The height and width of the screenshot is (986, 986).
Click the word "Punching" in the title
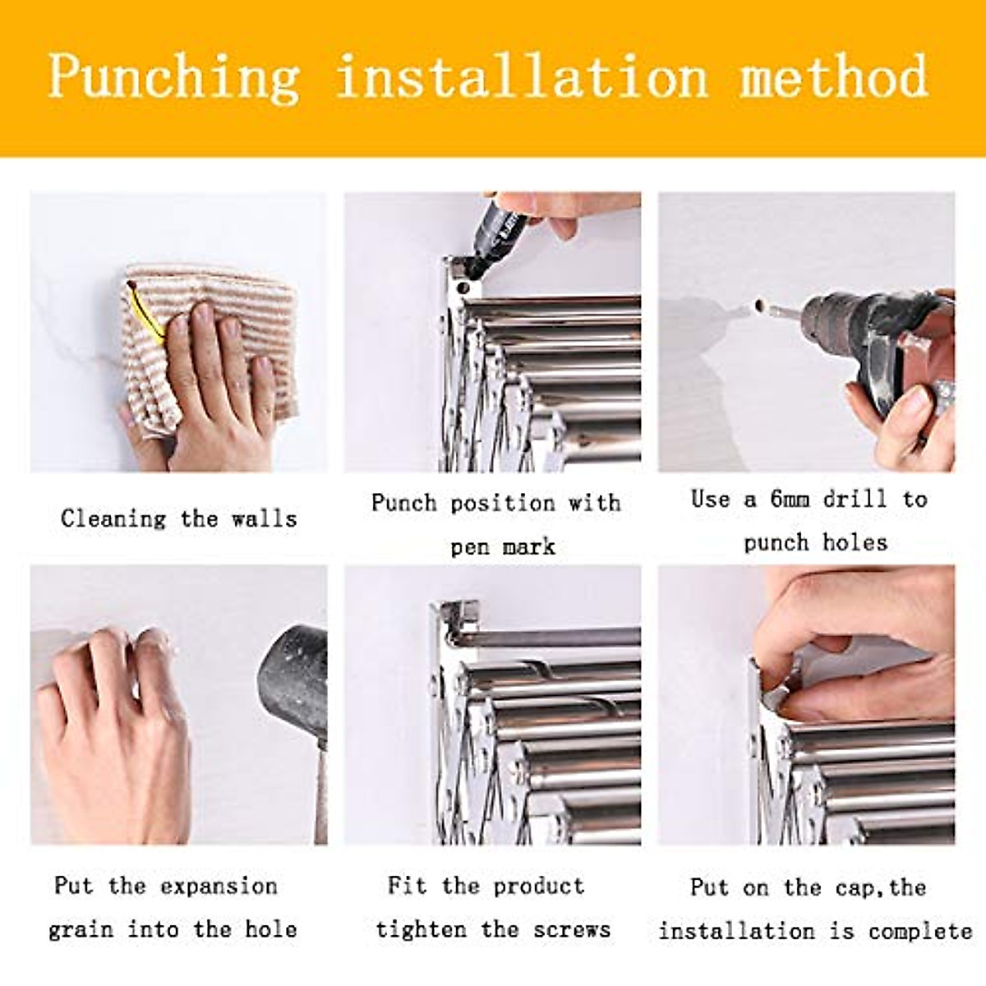click(173, 78)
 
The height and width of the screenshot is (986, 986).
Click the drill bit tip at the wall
click(760, 309)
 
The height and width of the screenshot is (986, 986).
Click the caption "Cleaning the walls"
click(178, 518)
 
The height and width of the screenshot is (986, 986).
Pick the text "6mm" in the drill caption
click(790, 499)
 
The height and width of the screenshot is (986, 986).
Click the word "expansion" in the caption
click(219, 886)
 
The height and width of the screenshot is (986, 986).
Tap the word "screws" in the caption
click(572, 929)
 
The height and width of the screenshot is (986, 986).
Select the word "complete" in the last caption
click(920, 931)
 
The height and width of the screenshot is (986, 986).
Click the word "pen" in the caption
click(470, 547)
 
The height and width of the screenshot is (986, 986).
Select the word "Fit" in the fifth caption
click(407, 886)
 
